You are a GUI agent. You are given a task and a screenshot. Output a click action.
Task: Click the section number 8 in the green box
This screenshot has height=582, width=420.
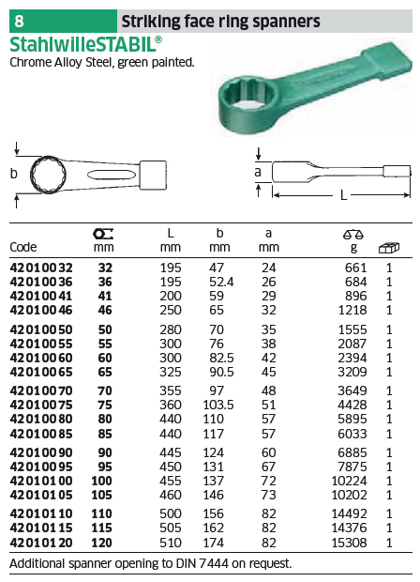coord(19,22)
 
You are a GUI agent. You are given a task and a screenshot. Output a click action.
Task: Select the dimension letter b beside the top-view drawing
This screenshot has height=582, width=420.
coord(14,174)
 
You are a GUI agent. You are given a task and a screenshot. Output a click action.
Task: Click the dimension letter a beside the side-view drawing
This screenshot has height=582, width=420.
coord(258,172)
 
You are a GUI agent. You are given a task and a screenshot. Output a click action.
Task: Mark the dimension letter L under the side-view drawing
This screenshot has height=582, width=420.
coord(344,195)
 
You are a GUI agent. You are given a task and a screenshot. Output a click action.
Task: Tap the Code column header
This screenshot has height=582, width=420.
coord(23,247)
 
